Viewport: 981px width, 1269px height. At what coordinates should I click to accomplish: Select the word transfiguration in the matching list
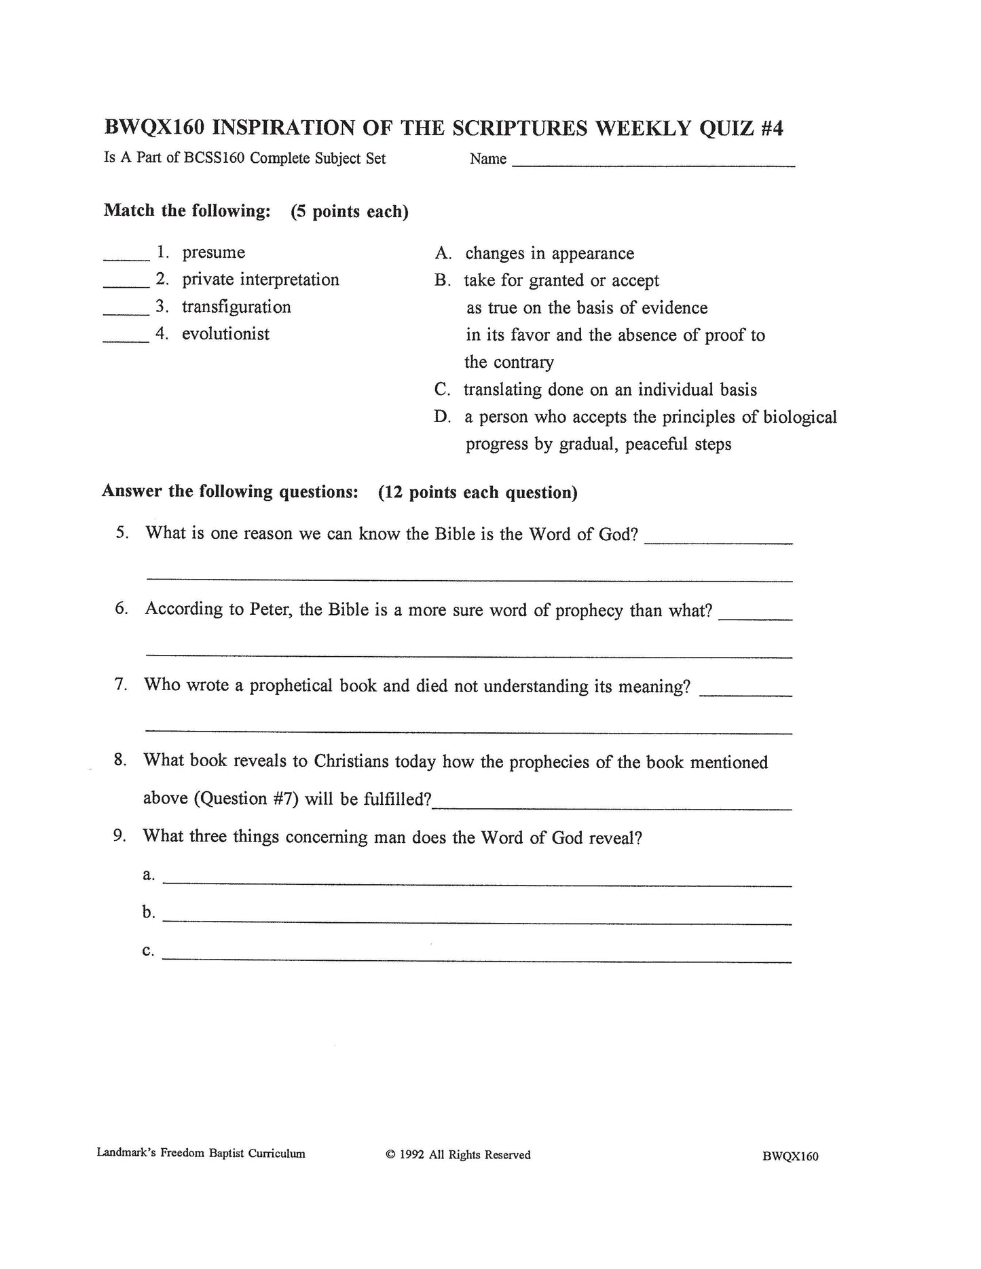(x=236, y=307)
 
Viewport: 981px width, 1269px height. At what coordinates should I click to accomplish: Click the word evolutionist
(x=225, y=334)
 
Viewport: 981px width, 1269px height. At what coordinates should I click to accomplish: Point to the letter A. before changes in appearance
(x=443, y=254)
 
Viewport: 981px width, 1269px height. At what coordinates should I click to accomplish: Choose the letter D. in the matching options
(x=443, y=417)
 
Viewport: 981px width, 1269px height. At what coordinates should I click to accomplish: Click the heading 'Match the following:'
(x=187, y=211)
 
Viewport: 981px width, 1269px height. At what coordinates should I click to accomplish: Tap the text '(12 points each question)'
(x=477, y=492)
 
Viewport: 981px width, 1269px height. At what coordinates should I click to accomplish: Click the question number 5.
(x=122, y=533)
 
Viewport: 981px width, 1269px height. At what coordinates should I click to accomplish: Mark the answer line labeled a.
(x=477, y=884)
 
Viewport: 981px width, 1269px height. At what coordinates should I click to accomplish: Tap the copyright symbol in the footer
(x=390, y=1155)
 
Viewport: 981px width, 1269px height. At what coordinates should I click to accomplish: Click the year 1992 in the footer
(x=411, y=1155)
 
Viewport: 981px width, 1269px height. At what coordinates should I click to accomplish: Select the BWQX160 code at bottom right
(x=790, y=1156)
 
